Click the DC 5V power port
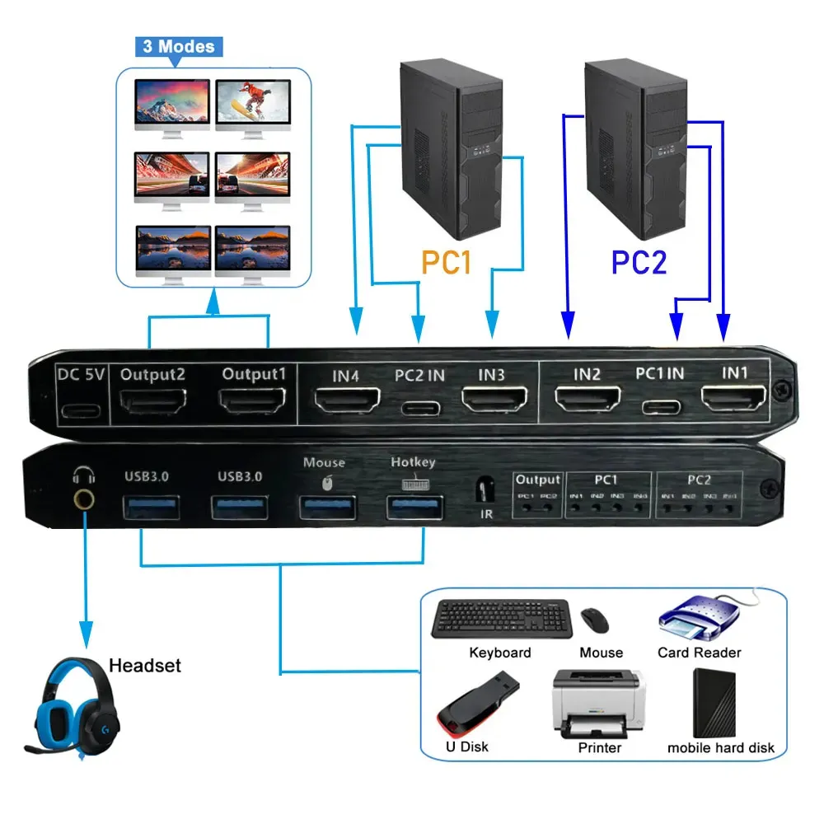(81, 410)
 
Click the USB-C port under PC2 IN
(419, 407)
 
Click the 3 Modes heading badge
(179, 46)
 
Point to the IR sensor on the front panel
(486, 493)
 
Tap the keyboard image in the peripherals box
(500, 619)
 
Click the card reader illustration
(699, 619)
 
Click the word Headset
(144, 665)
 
